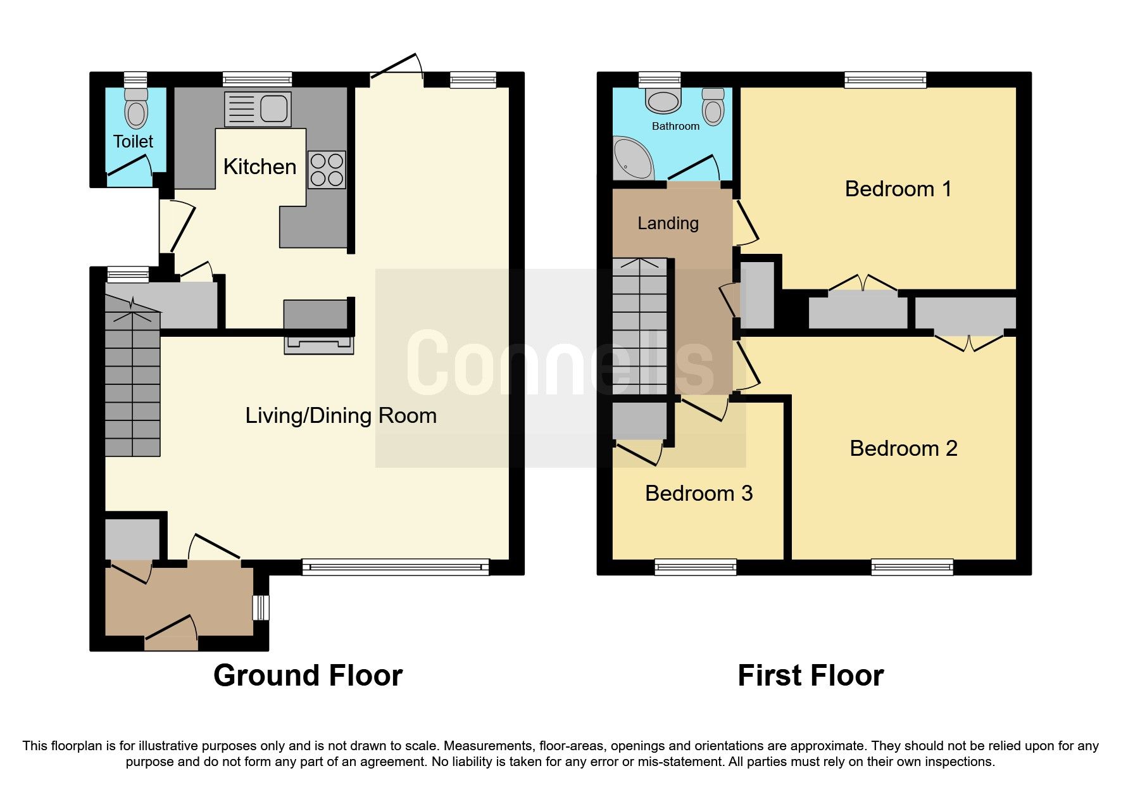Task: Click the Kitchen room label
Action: click(260, 166)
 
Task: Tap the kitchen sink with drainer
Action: click(258, 109)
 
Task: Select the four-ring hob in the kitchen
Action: click(327, 170)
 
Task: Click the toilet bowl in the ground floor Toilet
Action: click(136, 112)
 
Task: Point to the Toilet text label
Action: click(133, 141)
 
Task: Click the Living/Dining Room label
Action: click(341, 415)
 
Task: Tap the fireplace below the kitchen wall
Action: click(318, 344)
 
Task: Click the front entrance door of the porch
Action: click(171, 633)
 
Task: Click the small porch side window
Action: click(261, 608)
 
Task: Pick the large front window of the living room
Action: click(396, 567)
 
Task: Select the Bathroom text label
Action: click(675, 126)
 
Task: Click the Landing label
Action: click(668, 223)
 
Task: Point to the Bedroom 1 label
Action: click(898, 189)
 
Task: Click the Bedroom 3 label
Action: click(699, 493)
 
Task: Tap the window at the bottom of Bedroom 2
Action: click(911, 567)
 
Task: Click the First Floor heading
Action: click(810, 675)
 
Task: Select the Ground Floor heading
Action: click(308, 675)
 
